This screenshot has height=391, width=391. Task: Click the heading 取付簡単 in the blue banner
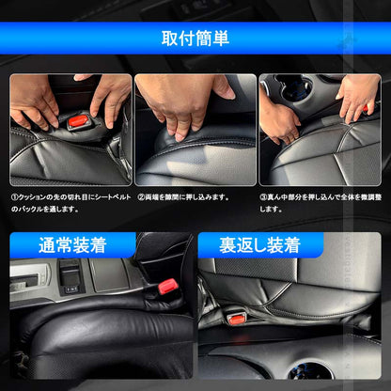pos(195,39)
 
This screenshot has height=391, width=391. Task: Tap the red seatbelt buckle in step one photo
pos(76,121)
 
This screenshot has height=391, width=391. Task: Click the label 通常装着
pos(73,246)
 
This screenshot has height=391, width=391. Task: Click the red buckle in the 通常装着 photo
pos(168,285)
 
